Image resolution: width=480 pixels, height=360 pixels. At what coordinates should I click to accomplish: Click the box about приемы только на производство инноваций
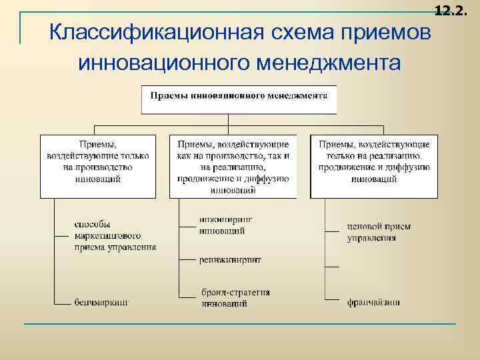97,166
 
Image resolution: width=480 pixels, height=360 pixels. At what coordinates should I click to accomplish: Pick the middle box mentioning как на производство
233,166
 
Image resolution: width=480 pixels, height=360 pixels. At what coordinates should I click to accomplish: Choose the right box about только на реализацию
375,166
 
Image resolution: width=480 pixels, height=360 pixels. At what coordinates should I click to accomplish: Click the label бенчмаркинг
101,302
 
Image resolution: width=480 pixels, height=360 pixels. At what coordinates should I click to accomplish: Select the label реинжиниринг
230,259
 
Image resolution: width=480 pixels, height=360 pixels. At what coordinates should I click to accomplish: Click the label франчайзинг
373,302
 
